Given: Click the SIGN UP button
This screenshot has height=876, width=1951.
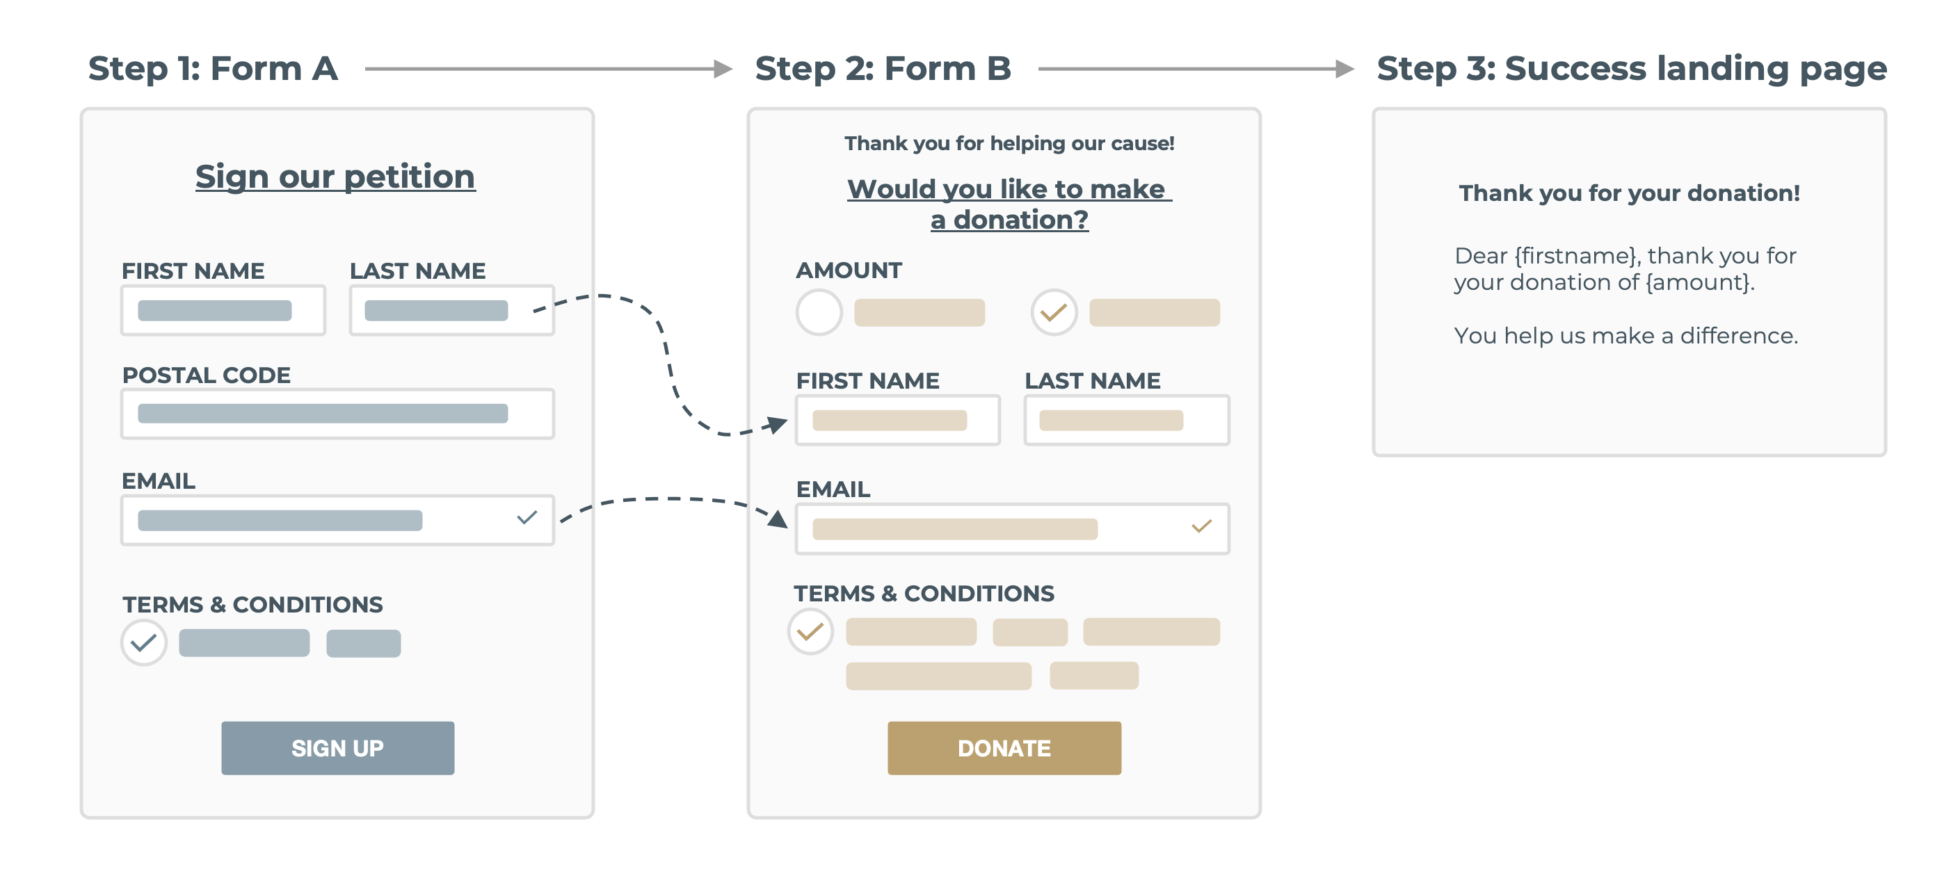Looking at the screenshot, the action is tap(338, 747).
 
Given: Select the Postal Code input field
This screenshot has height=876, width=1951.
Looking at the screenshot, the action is tap(337, 414).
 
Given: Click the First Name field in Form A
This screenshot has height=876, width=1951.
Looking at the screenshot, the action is tap(223, 309).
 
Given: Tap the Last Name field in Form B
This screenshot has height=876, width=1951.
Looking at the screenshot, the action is tap(1126, 419).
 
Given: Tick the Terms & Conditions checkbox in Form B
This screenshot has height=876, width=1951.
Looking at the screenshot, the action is tap(810, 631).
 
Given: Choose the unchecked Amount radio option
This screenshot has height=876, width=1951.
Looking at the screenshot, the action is tap(819, 312).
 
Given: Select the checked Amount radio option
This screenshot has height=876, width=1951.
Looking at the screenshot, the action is tap(1054, 312).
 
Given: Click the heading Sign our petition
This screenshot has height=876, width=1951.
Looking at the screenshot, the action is tap(335, 176).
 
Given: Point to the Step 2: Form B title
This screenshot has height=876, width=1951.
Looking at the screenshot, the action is tap(883, 68).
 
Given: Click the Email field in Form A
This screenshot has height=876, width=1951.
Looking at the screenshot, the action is tap(337, 519).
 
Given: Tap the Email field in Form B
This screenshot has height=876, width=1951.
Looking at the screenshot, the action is tap(1012, 528).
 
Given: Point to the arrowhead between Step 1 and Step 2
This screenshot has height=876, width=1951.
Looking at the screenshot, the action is tap(723, 69).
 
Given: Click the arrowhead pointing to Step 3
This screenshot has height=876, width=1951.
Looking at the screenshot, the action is tap(1345, 69).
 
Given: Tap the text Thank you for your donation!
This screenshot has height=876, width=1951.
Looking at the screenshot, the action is tap(1629, 193).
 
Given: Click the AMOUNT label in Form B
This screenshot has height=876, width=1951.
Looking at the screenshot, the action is tap(849, 270).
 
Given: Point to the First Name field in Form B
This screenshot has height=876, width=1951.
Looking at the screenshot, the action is tap(897, 419).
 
